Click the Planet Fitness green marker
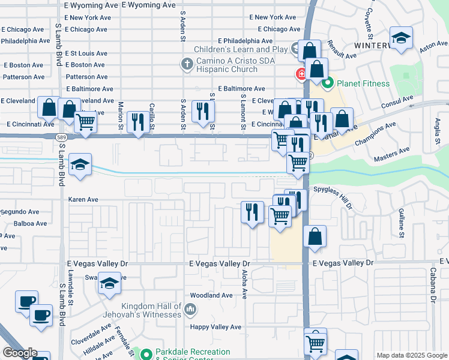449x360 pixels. click(328, 83)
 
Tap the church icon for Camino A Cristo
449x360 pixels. click(187, 63)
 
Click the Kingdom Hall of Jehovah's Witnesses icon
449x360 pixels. click(190, 310)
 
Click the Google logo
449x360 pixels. click(19, 353)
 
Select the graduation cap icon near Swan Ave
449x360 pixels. click(109, 284)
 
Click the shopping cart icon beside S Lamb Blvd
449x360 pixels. click(86, 122)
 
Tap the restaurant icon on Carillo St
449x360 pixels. click(139, 122)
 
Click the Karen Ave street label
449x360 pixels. click(84, 199)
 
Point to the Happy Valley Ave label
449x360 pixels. click(215, 327)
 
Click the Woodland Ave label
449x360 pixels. click(211, 295)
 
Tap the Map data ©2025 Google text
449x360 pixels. click(411, 355)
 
